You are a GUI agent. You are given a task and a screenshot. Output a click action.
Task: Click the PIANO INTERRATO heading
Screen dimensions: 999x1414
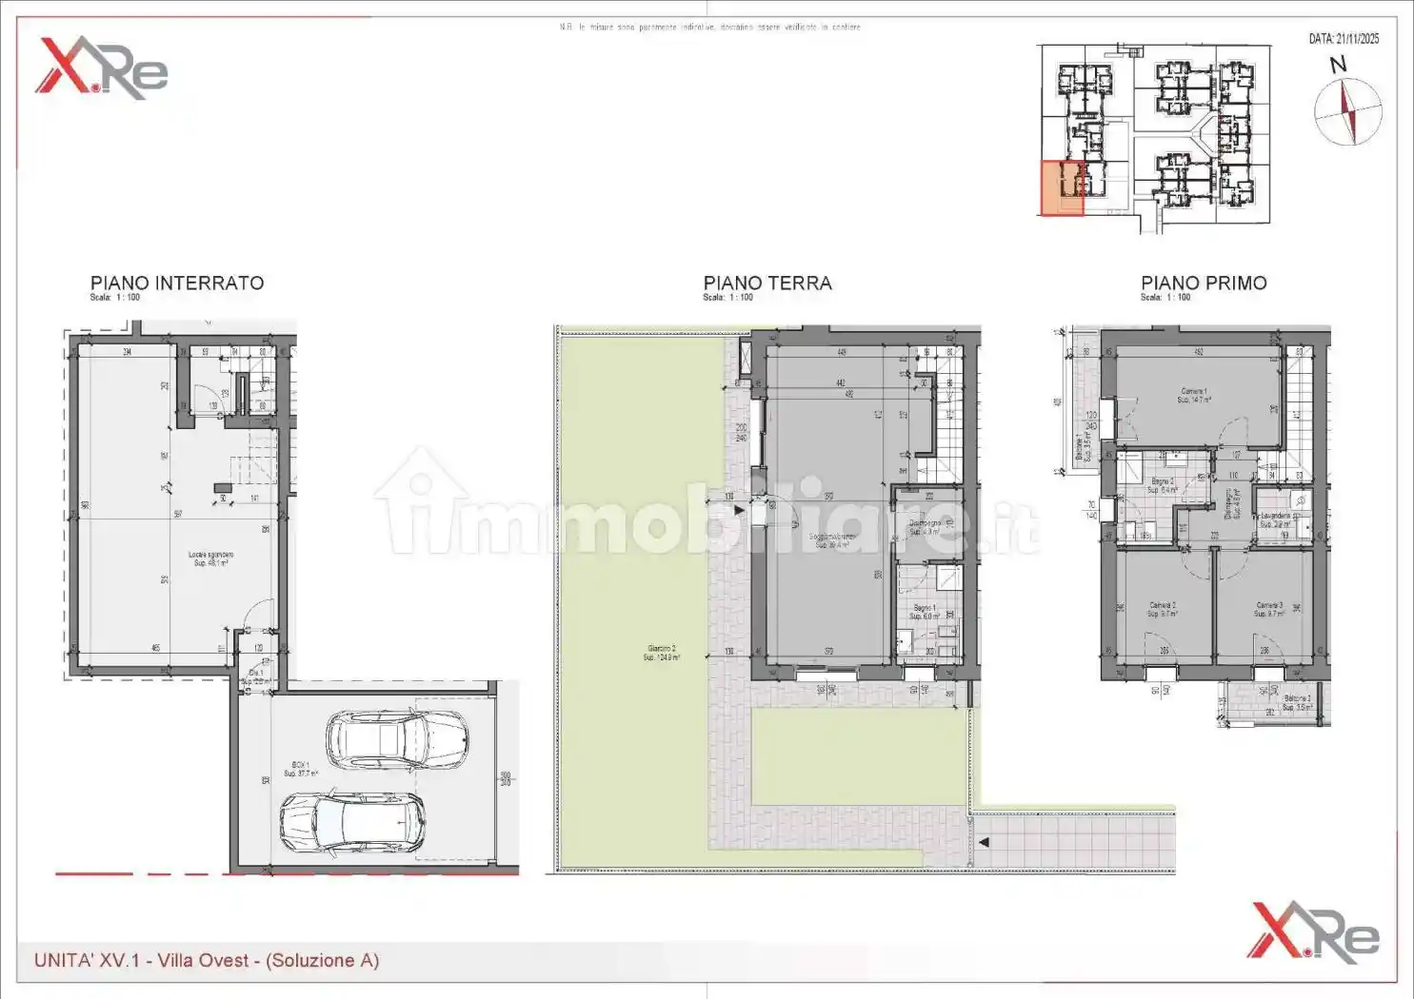[x=176, y=283]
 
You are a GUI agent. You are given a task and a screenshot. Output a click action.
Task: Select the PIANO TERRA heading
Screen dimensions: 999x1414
[x=767, y=283]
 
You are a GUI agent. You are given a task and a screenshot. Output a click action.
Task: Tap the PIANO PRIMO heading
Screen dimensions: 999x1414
[x=1204, y=283]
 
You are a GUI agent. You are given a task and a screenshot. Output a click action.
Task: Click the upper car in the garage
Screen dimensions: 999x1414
[x=396, y=740]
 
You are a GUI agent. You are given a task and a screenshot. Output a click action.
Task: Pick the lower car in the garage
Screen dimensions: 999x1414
[x=352, y=823]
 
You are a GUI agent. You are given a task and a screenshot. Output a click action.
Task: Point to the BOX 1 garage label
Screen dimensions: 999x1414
[x=301, y=769]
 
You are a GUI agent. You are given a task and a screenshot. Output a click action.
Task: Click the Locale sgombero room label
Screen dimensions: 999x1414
[x=210, y=558]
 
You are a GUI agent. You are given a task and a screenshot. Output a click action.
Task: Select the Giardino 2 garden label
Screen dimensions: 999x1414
[x=661, y=653]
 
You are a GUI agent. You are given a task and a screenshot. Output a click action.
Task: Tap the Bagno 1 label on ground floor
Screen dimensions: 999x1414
[x=925, y=612]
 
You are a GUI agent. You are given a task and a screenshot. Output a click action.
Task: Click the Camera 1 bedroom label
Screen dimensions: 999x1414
[x=1194, y=395]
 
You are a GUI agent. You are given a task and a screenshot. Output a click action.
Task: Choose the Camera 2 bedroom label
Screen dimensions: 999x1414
[x=1162, y=609]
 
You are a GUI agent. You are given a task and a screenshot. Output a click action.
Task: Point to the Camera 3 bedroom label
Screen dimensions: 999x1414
[x=1268, y=609]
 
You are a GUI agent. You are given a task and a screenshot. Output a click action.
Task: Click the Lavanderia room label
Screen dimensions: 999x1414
[x=1276, y=519]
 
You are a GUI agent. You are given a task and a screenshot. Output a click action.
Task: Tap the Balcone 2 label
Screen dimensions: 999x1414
[x=1296, y=702]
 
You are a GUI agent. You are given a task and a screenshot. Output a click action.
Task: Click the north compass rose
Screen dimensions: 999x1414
[x=1347, y=110]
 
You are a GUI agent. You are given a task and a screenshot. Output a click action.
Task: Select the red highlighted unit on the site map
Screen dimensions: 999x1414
[x=1061, y=187]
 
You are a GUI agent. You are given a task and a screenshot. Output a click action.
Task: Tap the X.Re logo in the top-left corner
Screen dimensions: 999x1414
[x=101, y=68]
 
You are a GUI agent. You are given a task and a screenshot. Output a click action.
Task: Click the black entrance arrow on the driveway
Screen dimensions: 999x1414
[x=984, y=842]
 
